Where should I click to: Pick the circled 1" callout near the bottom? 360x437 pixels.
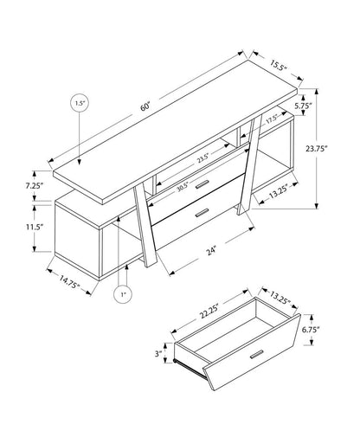(x=124, y=295)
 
